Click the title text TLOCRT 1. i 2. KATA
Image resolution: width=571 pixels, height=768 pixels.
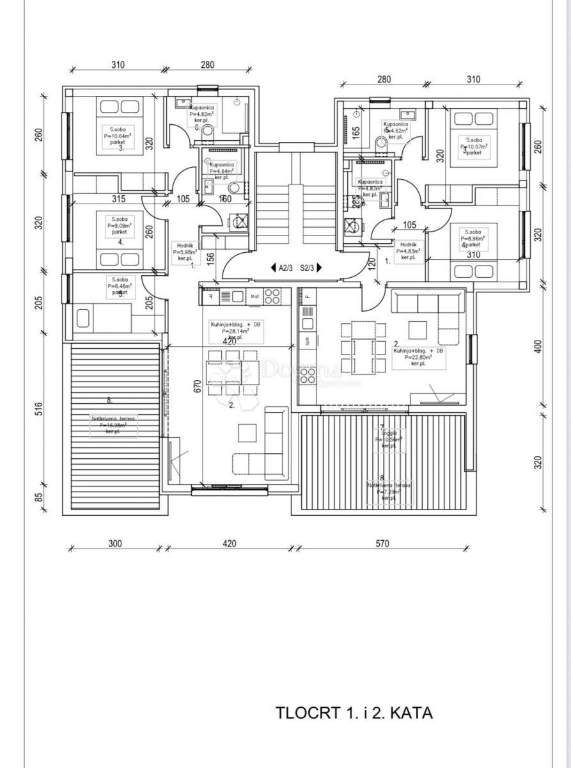pyautogui.click(x=354, y=712)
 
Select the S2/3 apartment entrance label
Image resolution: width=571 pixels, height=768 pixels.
pyautogui.click(x=308, y=268)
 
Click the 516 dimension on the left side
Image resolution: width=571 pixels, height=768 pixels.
pyautogui.click(x=38, y=410)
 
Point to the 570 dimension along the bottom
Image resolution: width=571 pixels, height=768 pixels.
pyautogui.click(x=381, y=544)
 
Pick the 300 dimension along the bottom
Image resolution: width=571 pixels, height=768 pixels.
pyautogui.click(x=114, y=544)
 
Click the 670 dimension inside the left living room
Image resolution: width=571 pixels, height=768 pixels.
pyautogui.click(x=198, y=388)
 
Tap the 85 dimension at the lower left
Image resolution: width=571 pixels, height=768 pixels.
pyautogui.click(x=38, y=497)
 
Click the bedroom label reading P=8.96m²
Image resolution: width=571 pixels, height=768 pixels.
pyautogui.click(x=474, y=237)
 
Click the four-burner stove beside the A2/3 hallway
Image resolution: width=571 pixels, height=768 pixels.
pyautogui.click(x=272, y=296)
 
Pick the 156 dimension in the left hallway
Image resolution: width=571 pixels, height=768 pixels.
pyautogui.click(x=211, y=257)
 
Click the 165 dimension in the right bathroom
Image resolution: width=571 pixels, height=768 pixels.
pyautogui.click(x=356, y=133)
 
